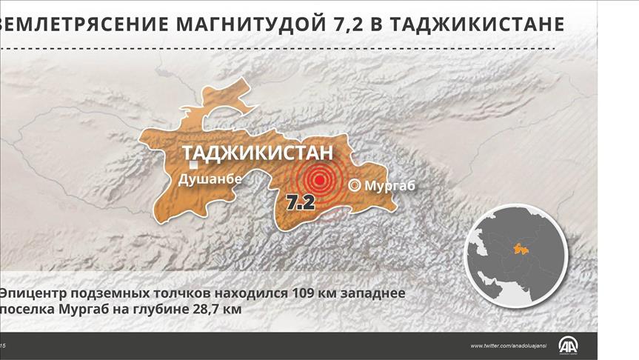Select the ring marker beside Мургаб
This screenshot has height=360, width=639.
pyautogui.click(x=355, y=186)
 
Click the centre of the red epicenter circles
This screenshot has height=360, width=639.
pyautogui.click(x=320, y=179)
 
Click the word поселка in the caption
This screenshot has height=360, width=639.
pyautogui.click(x=27, y=310)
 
